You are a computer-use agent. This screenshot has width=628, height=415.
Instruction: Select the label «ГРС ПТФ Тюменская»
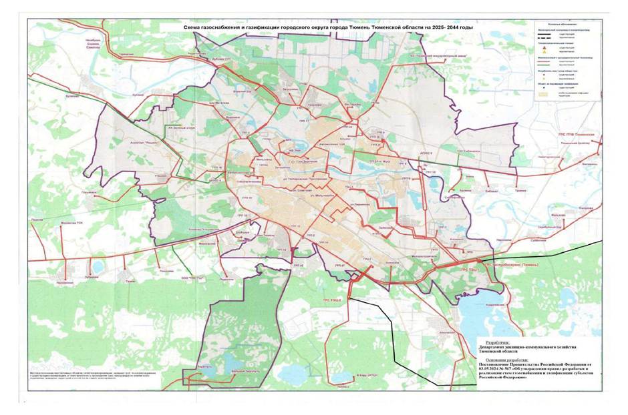[x=576, y=133]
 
